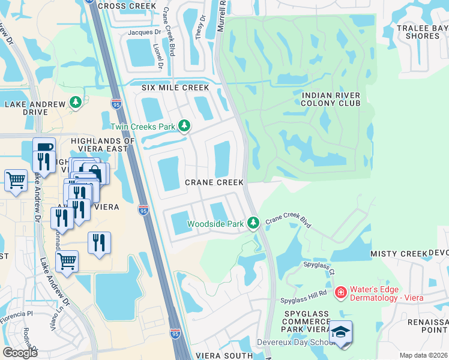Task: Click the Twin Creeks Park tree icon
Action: [x=185, y=126]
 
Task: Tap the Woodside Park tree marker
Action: [x=253, y=223]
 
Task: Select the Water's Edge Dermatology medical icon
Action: [x=340, y=293]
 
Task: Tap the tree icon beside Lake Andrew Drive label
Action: [x=76, y=103]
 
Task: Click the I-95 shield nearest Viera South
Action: [x=175, y=332]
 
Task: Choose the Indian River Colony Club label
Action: [x=331, y=99]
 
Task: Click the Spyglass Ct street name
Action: [x=319, y=267]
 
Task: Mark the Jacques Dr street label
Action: [x=145, y=32]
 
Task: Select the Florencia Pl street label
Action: [x=16, y=314]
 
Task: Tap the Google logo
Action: [x=20, y=352]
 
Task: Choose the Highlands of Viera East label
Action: [x=100, y=144]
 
